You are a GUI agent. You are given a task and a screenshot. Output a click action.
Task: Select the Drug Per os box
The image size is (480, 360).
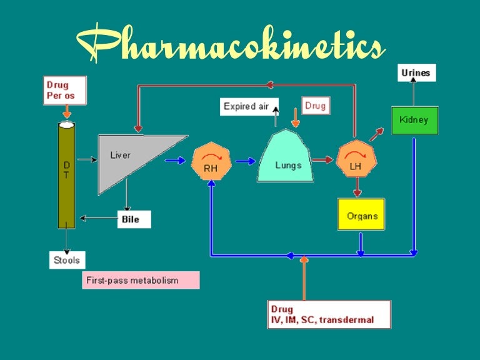[x=64, y=91]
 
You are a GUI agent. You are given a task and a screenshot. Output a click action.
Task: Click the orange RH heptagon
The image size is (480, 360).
[x=211, y=161]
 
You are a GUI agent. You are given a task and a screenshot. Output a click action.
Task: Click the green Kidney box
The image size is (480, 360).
[x=414, y=120]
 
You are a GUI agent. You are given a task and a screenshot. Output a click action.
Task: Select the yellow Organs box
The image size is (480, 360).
[x=361, y=214]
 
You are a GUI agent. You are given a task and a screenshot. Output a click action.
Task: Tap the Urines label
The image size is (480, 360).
[x=416, y=72]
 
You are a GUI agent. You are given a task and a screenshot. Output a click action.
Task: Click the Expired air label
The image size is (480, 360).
[x=246, y=106]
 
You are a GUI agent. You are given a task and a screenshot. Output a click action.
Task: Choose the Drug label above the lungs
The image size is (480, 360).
[x=316, y=106]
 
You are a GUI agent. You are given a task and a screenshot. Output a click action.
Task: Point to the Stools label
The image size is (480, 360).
[x=66, y=259]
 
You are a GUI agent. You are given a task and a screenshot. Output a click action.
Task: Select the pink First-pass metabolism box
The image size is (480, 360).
[x=141, y=280]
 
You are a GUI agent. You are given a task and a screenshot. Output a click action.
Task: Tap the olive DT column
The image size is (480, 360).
[x=66, y=175]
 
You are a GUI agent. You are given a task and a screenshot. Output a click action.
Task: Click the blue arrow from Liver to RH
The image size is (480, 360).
[x=175, y=161]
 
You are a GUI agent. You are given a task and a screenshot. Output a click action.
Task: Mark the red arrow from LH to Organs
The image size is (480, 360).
[x=356, y=187]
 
